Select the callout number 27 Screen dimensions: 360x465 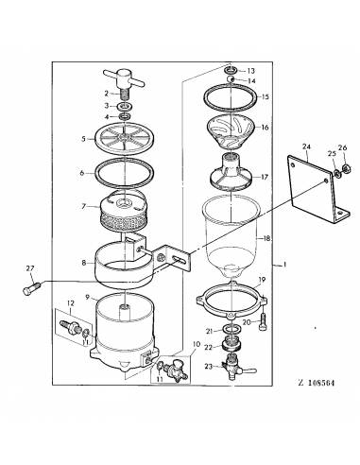point(30,268)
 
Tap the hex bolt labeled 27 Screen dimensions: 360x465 point(30,287)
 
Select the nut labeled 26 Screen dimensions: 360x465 point(345,169)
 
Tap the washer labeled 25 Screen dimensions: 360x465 point(336,172)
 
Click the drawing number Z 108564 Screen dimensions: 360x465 point(316,383)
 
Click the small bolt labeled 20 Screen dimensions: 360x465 point(264,323)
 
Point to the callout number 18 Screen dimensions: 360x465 point(266,239)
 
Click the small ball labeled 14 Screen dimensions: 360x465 point(231,78)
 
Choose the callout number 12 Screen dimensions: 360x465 point(71,303)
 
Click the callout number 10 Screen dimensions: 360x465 point(196,344)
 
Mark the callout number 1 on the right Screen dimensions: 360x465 point(284,265)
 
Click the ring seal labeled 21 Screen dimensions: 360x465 point(232,329)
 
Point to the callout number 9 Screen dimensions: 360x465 point(88,297)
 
